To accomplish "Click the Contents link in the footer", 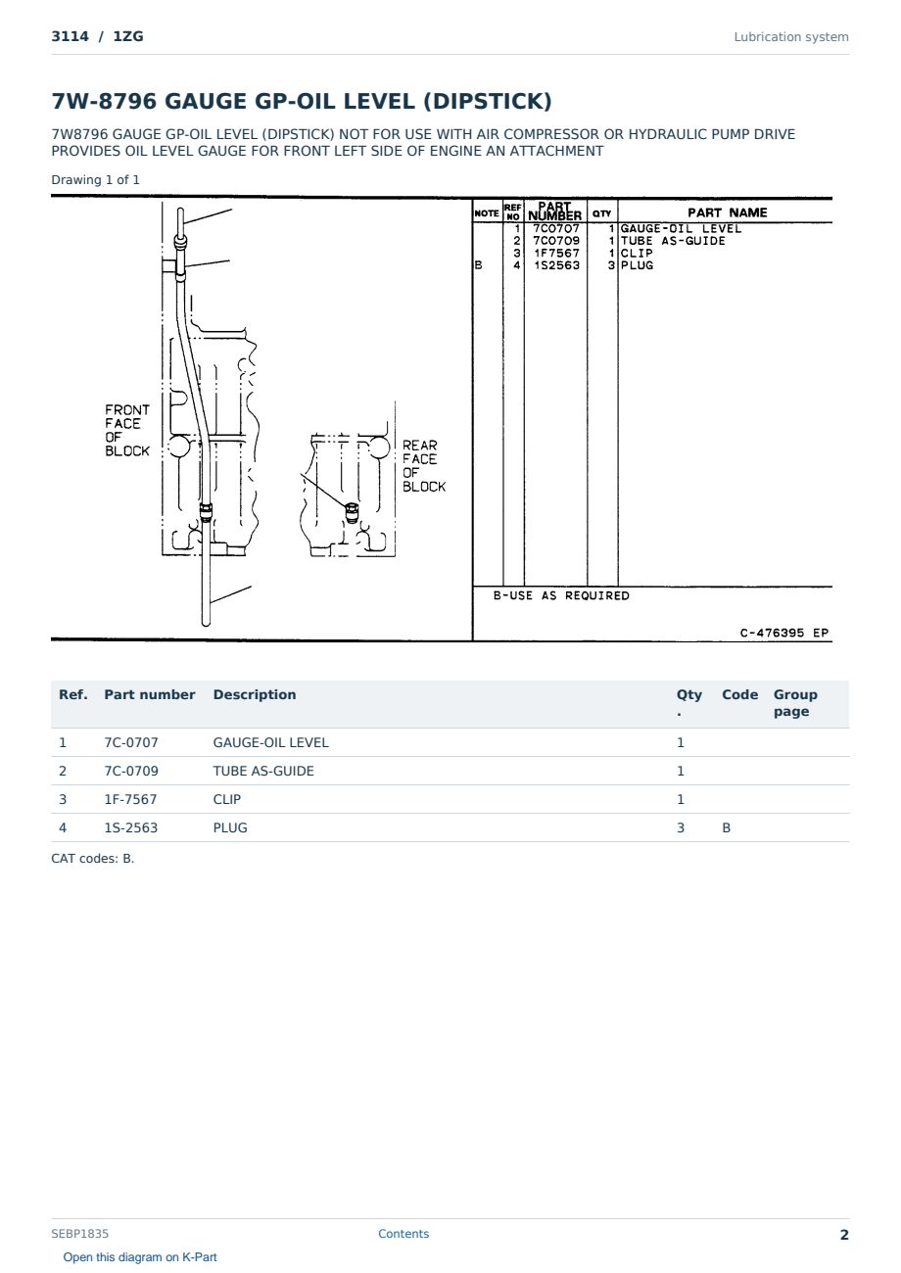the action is pos(403,1233).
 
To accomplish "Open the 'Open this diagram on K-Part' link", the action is pos(140,1256).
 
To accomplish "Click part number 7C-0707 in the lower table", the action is pos(131,742).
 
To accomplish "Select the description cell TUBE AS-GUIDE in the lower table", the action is pos(263,771).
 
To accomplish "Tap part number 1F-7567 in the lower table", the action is pos(130,799).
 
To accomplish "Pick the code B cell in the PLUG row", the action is pos(726,827).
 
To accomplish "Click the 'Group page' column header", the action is pos(795,703).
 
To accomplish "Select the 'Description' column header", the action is pos(254,694).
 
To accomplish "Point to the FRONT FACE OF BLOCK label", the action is pos(127,430).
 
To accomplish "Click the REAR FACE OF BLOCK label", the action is pos(424,466).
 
